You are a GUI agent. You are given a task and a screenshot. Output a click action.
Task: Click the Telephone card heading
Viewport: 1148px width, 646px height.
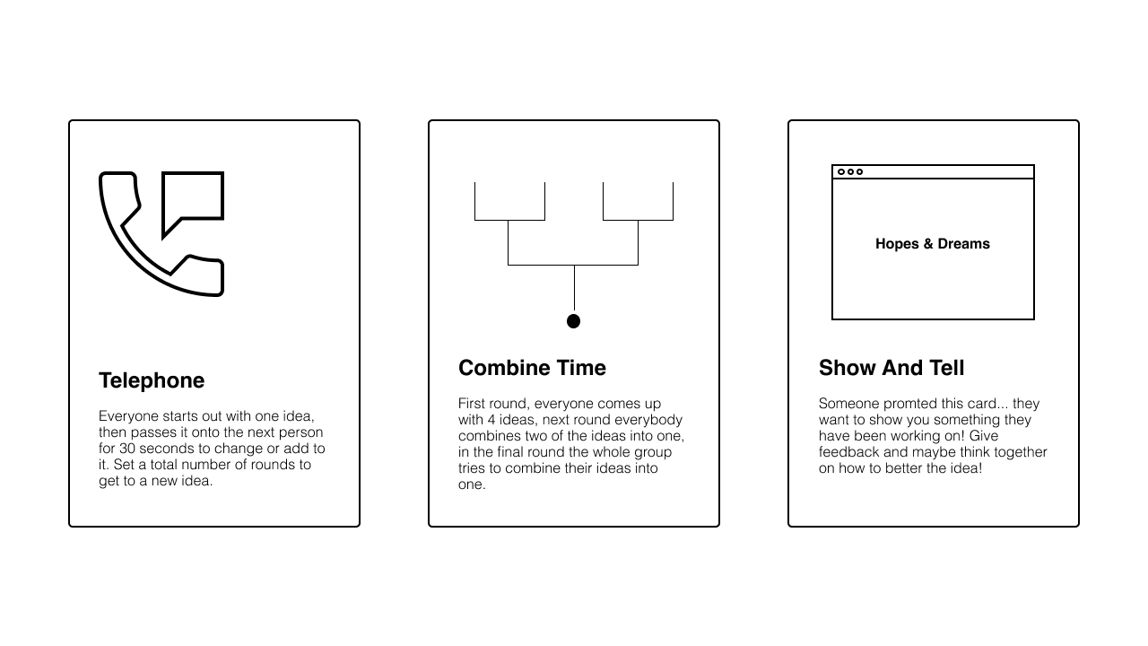coord(152,380)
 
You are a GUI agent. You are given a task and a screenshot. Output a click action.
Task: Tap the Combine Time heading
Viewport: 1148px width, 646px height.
coord(532,368)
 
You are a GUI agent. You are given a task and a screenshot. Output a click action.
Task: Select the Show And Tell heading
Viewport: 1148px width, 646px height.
coord(891,368)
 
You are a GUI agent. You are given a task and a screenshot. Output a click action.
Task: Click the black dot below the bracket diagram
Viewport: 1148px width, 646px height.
coord(573,321)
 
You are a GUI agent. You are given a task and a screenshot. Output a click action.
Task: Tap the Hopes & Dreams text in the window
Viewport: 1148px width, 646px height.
coord(932,243)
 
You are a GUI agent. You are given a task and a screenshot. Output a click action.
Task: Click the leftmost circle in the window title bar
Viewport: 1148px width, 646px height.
coord(841,171)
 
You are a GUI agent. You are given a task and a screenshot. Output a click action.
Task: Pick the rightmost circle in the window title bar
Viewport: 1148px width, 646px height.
coord(859,171)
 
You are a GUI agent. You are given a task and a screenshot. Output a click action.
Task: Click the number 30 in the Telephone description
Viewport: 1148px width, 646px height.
coord(127,449)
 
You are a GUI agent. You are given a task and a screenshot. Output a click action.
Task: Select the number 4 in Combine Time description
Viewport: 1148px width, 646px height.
coord(491,420)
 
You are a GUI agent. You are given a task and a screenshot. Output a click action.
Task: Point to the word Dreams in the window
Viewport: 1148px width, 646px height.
coord(963,243)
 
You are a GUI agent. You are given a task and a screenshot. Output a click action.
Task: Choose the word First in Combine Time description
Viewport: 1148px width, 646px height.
coord(471,404)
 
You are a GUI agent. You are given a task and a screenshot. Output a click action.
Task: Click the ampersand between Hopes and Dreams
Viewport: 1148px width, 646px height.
coord(928,243)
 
